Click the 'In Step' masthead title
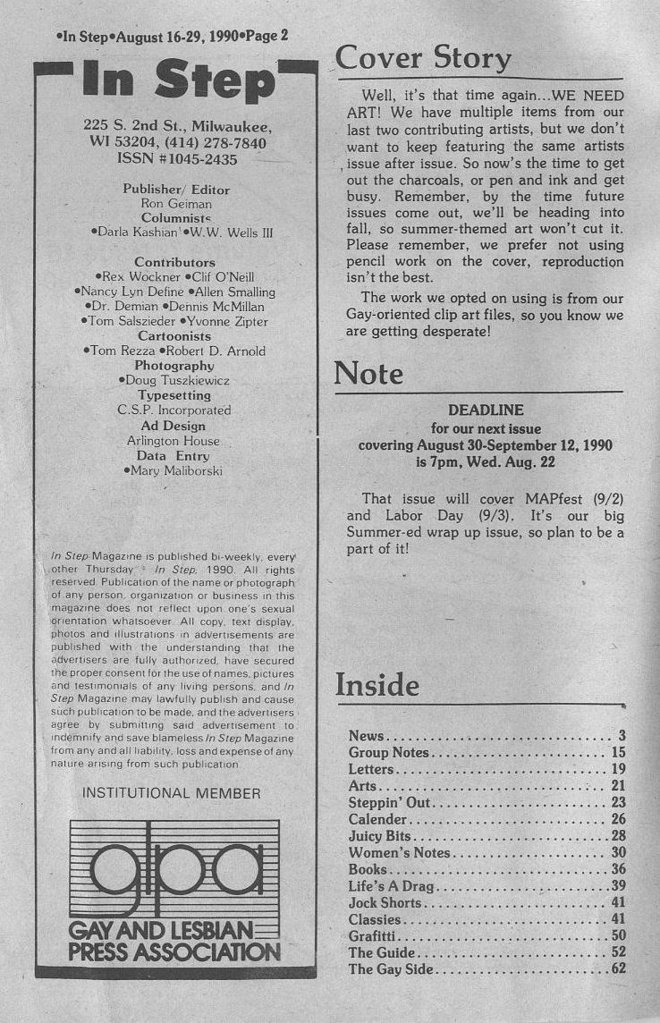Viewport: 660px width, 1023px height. point(177,82)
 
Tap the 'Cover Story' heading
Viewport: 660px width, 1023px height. point(423,59)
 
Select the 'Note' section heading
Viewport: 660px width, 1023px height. point(368,373)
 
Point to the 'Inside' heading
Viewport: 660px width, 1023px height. point(377,685)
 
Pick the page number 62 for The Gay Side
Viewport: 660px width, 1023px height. point(618,968)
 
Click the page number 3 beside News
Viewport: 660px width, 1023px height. point(621,736)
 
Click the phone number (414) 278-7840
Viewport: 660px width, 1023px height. point(217,142)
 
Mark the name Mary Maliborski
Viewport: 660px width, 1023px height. point(176,470)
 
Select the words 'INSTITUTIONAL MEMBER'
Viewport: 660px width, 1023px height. point(171,793)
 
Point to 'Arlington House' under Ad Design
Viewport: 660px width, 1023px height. point(173,441)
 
